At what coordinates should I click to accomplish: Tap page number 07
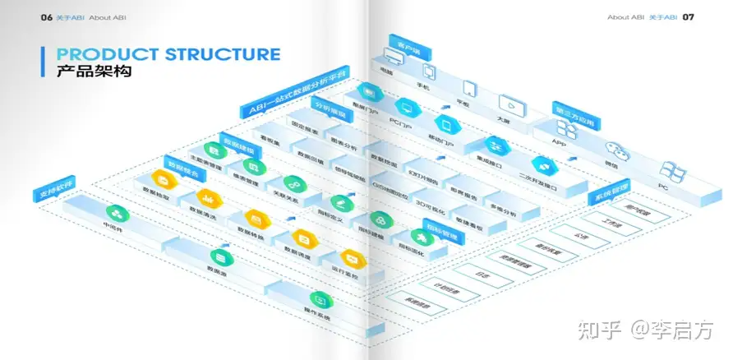click(689, 16)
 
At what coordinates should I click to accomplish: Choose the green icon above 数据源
click(219, 256)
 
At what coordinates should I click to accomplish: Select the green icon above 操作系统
click(317, 299)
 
